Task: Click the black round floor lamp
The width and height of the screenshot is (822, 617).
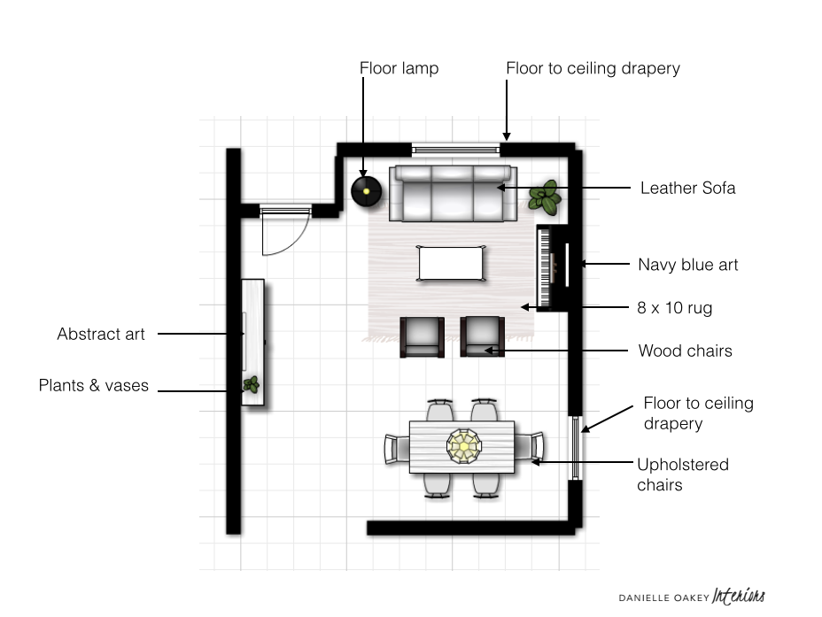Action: pyautogui.click(x=366, y=191)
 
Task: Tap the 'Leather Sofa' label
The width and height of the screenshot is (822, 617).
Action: pyautogui.click(x=687, y=188)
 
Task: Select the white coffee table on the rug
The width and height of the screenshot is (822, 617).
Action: pyautogui.click(x=451, y=264)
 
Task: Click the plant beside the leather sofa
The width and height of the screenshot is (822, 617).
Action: pyautogui.click(x=545, y=197)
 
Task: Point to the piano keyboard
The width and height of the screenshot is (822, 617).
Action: pyautogui.click(x=545, y=267)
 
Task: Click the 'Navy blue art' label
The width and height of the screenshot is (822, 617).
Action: pyautogui.click(x=687, y=265)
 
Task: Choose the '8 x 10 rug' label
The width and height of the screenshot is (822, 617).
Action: pyautogui.click(x=675, y=308)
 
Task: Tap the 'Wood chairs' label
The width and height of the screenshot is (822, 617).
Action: pyautogui.click(x=686, y=351)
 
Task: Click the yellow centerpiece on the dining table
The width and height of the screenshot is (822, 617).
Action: pyautogui.click(x=464, y=446)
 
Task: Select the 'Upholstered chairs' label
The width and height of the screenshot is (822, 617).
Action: pyautogui.click(x=683, y=474)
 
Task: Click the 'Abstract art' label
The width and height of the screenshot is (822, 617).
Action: pyautogui.click(x=101, y=334)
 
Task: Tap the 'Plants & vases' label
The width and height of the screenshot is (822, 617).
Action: pyautogui.click(x=93, y=385)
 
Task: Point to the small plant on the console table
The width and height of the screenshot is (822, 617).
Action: pyautogui.click(x=251, y=385)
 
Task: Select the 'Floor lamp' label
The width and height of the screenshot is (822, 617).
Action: pyautogui.click(x=399, y=68)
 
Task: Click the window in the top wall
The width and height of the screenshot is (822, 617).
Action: pyautogui.click(x=455, y=150)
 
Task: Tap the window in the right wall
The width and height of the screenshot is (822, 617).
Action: pyautogui.click(x=575, y=448)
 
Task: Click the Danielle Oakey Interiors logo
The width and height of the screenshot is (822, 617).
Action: pyautogui.click(x=692, y=597)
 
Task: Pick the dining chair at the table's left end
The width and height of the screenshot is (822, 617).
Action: pyautogui.click(x=397, y=449)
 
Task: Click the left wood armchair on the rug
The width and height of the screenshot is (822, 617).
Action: pyautogui.click(x=422, y=336)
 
